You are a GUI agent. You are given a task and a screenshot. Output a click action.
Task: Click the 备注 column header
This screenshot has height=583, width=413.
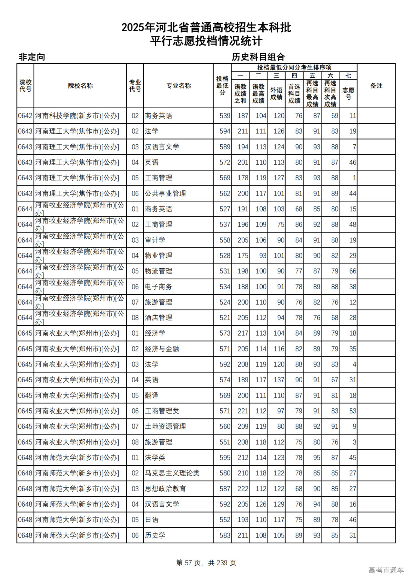(x=376, y=86)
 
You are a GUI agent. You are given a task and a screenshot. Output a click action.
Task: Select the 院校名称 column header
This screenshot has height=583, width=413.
(x=80, y=86)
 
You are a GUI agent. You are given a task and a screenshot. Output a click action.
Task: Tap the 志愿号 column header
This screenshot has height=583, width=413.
(x=348, y=93)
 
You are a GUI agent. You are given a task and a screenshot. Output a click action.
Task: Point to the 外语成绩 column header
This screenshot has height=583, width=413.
(x=276, y=93)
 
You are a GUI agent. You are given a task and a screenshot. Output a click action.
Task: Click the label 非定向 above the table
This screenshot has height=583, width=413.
(x=32, y=57)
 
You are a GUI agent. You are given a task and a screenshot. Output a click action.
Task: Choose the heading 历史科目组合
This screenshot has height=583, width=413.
(x=258, y=57)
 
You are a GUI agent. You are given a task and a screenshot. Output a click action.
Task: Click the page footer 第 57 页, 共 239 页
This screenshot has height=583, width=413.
(x=206, y=562)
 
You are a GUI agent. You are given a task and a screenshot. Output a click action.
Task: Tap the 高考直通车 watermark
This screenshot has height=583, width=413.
(x=386, y=570)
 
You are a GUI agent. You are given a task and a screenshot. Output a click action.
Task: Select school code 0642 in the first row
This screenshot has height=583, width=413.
(x=25, y=116)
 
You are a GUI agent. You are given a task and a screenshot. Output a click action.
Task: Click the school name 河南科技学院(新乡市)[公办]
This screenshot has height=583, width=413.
(x=77, y=116)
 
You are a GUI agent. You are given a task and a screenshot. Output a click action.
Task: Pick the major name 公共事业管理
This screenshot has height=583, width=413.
(x=165, y=194)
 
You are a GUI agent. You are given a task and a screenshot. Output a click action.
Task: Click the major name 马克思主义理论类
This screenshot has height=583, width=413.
(x=172, y=473)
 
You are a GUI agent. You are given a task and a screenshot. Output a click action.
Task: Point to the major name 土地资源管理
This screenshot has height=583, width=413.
(x=165, y=426)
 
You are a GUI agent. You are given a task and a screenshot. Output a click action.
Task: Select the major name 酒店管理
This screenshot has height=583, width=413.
(x=158, y=318)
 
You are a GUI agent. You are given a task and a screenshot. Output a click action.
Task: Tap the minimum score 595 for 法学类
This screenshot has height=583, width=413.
(x=225, y=458)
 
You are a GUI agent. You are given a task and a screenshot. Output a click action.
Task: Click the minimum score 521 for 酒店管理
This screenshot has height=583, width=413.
(x=225, y=318)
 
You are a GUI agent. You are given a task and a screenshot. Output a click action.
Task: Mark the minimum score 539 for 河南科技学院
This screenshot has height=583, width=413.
(x=225, y=116)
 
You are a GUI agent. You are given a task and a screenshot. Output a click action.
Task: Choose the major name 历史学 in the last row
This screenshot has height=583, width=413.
(x=155, y=535)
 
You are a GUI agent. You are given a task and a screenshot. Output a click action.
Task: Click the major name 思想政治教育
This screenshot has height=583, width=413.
(x=165, y=489)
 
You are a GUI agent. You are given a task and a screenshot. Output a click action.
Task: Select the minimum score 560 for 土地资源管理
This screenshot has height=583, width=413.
(x=225, y=426)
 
